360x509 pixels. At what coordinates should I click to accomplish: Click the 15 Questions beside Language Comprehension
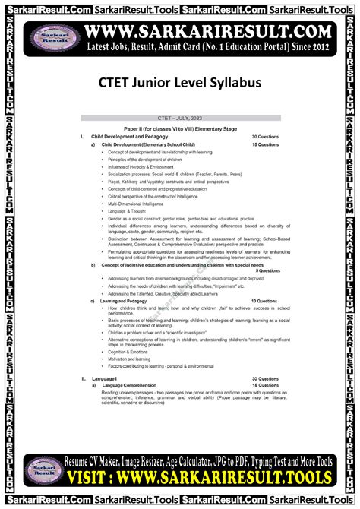pyautogui.click(x=267, y=386)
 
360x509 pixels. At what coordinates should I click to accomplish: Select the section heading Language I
pyautogui.click(x=105, y=378)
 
